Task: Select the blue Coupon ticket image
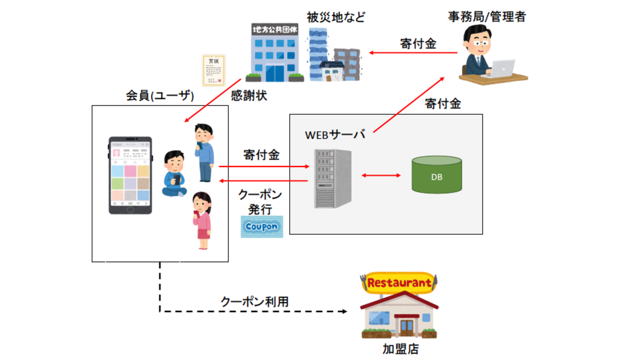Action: [262, 226]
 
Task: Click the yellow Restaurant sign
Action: [399, 282]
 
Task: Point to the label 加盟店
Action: [400, 348]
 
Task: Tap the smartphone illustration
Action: [131, 175]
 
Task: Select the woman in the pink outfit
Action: [202, 221]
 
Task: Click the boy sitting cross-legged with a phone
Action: [174, 174]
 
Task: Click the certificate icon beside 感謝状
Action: [214, 71]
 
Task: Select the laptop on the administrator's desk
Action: [503, 67]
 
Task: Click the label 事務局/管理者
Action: [486, 17]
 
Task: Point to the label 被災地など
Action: [336, 17]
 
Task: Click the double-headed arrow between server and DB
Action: [380, 176]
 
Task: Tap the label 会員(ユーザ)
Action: [160, 95]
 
